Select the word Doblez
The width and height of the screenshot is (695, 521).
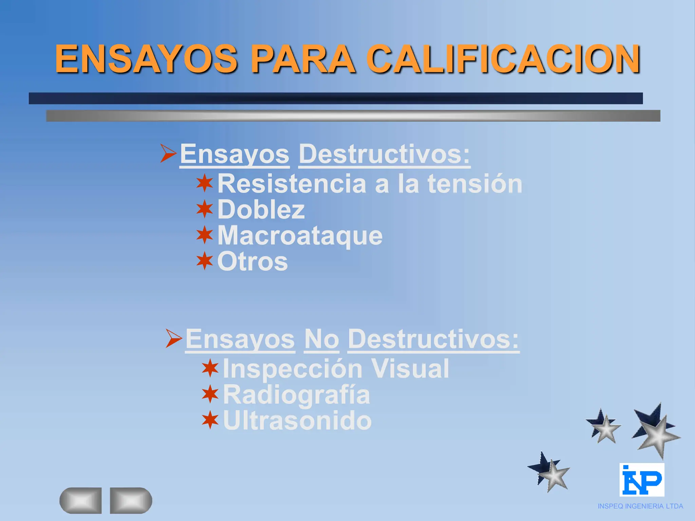261,210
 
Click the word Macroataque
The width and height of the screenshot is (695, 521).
300,235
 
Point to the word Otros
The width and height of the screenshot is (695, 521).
252,262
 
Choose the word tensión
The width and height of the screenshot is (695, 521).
475,184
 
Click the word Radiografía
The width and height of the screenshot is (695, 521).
296,395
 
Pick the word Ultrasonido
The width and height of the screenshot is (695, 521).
297,421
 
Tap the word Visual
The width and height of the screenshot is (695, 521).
410,369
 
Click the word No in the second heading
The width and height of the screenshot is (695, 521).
321,339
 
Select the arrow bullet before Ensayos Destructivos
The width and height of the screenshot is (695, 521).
168,153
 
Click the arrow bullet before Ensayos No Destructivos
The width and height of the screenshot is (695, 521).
174,338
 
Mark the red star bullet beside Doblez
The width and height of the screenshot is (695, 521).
205,209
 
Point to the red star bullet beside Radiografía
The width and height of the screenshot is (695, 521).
210,394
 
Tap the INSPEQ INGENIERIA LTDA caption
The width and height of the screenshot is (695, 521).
640,506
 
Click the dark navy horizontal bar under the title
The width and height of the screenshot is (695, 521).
336,98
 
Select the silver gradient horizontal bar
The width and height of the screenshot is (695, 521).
353,116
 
